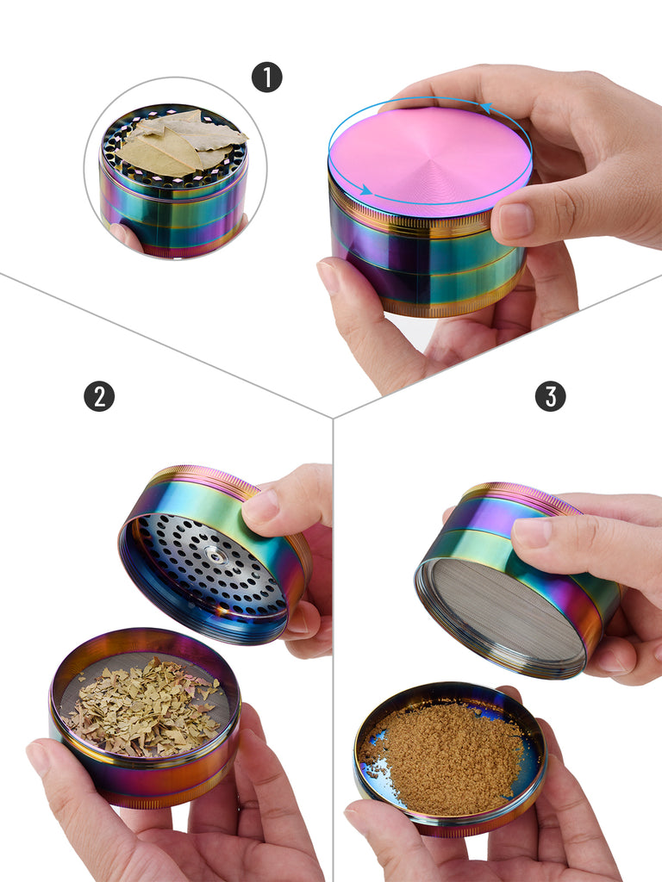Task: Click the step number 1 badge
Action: [x=267, y=77]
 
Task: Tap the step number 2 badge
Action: [x=99, y=396]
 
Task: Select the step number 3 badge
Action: [x=550, y=396]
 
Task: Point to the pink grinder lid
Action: [x=430, y=158]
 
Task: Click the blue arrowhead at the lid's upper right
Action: [x=486, y=108]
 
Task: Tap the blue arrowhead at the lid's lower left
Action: [x=365, y=189]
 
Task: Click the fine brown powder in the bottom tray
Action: [x=447, y=754]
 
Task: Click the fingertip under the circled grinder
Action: [x=125, y=236]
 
